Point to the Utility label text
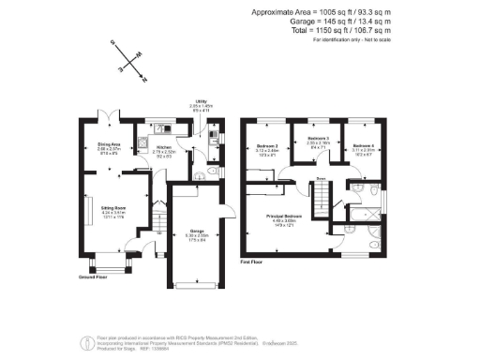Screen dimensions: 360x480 (201, 104)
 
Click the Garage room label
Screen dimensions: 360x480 (198, 231)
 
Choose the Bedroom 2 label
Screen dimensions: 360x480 (267, 146)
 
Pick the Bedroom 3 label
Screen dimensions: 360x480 (316, 139)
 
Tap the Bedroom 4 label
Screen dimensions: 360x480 (364, 146)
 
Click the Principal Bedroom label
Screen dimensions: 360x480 (280, 215)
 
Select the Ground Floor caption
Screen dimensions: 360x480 (93, 277)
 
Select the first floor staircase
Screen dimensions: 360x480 (324, 198)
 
